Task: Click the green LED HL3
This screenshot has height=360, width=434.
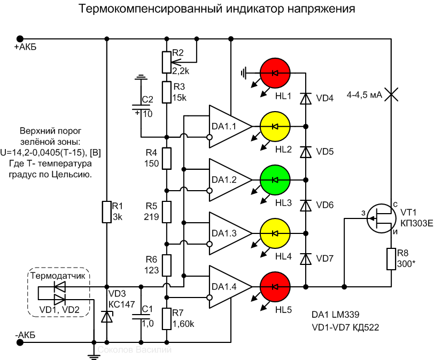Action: tap(275, 179)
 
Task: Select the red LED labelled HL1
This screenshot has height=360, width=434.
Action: tap(275, 73)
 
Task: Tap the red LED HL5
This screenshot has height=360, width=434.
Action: tap(275, 286)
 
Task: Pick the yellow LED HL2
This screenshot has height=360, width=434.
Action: tap(275, 126)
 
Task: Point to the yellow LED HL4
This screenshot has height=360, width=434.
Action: tap(275, 233)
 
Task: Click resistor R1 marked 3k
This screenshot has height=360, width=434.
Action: tap(107, 212)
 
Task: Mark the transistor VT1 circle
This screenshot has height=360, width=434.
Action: tap(383, 218)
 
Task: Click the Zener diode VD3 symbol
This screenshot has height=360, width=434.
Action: tap(107, 316)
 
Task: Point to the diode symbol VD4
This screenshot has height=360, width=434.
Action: tap(306, 98)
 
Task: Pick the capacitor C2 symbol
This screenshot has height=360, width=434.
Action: tap(141, 107)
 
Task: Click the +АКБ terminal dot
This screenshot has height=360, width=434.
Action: tap(20, 38)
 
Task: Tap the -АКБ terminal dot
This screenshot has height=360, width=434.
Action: tap(20, 340)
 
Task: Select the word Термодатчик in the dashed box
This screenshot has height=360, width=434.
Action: tap(58, 276)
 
